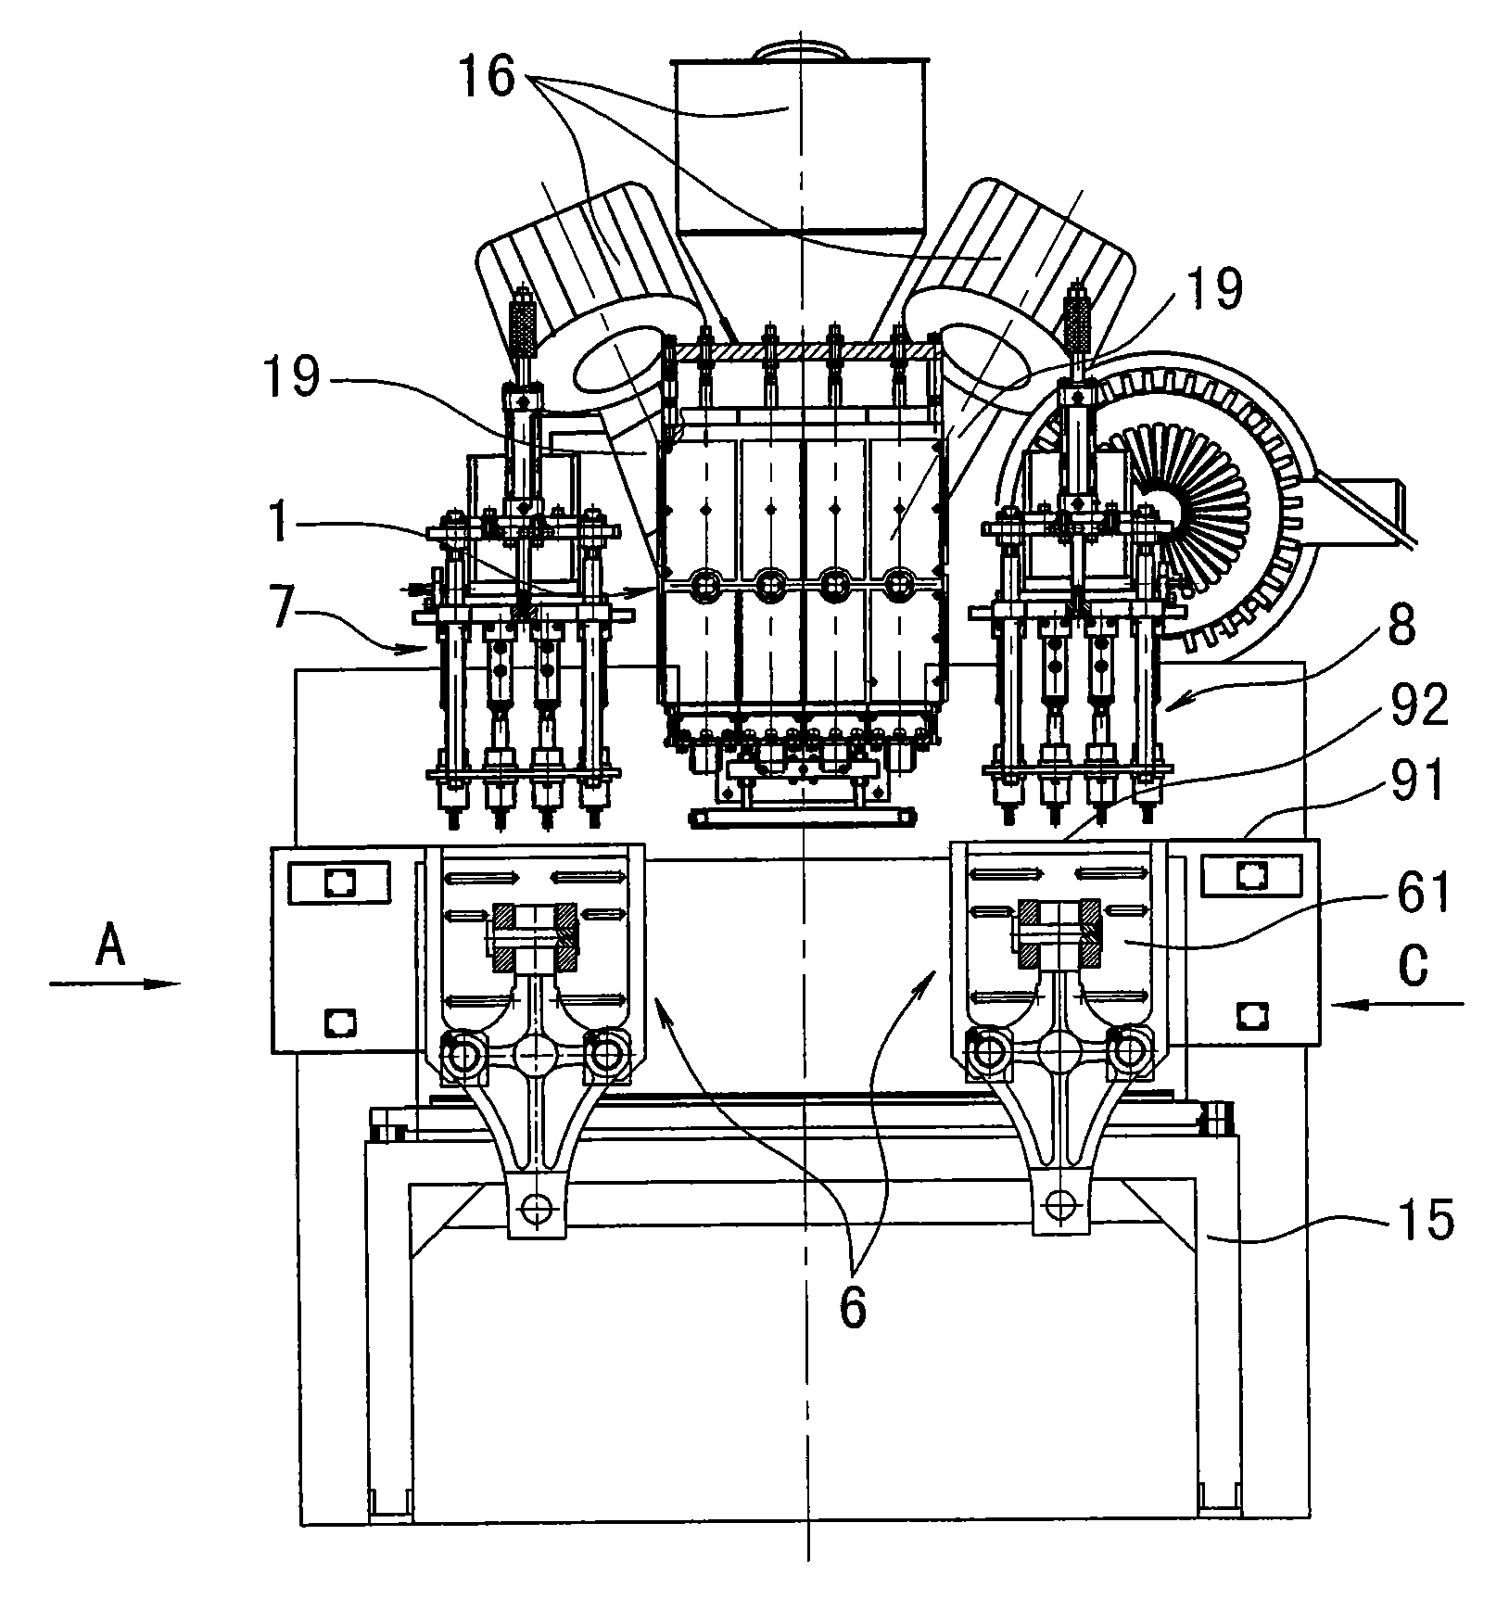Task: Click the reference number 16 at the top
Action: pyautogui.click(x=488, y=74)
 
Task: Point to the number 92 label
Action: pyautogui.click(x=1418, y=708)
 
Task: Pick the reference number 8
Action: pyautogui.click(x=1401, y=628)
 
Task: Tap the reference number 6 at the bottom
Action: pyautogui.click(x=852, y=1308)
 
